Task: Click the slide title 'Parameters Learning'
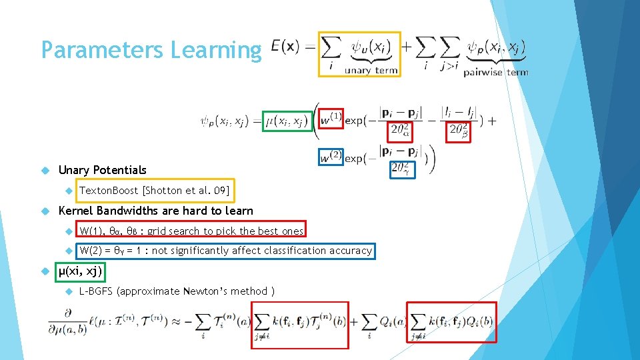(x=151, y=50)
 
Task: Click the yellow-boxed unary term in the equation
(x=360, y=54)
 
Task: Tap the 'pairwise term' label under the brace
(x=495, y=72)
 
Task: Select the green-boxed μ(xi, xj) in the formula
(x=287, y=121)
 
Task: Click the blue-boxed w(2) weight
(x=331, y=158)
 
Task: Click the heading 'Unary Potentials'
(x=103, y=170)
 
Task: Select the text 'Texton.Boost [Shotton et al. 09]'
(x=154, y=191)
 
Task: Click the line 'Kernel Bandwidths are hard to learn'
(x=156, y=211)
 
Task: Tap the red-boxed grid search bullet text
(x=191, y=231)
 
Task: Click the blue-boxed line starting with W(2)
(x=225, y=251)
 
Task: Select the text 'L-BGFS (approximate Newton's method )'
(x=177, y=291)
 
